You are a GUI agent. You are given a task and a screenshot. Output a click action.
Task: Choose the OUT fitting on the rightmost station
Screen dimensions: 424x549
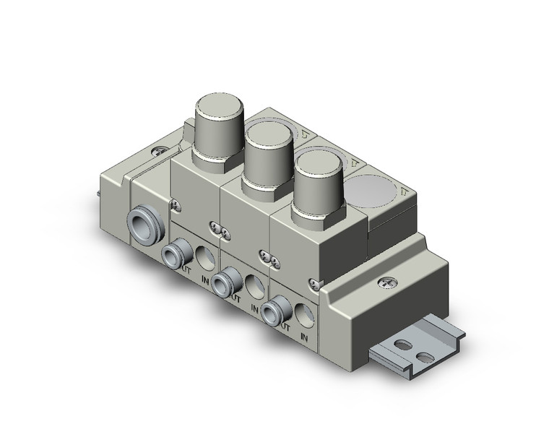click(274, 311)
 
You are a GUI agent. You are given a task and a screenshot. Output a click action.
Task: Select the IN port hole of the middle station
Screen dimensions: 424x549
click(254, 284)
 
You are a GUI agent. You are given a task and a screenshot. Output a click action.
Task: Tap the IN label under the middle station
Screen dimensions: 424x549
click(254, 307)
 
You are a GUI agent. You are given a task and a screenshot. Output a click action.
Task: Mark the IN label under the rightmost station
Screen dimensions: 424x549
click(303, 335)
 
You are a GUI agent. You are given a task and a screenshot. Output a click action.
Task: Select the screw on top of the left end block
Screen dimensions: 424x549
click(161, 150)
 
